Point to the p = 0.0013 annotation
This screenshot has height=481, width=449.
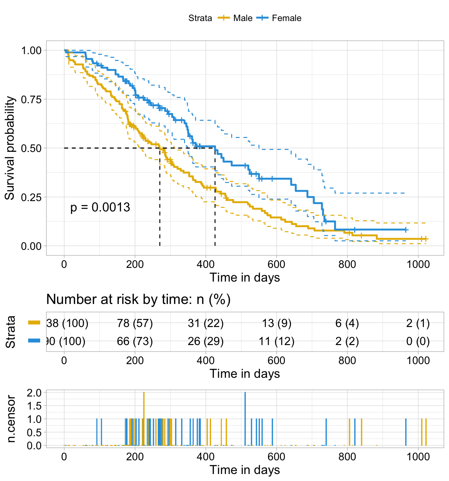pos(100,207)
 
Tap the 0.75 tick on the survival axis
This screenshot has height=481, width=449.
pos(31,99)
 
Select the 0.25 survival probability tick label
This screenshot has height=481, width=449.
pos(31,197)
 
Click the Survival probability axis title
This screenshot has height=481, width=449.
pos(10,148)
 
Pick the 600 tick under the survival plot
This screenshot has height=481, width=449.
pos(277,264)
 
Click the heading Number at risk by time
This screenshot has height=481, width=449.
pos(138,299)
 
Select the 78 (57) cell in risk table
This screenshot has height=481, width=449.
pos(135,323)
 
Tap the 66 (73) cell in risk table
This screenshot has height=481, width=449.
pos(135,341)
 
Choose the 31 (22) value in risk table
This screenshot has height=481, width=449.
pos(206,323)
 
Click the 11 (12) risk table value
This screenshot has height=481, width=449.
pos(277,341)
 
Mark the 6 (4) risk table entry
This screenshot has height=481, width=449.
pos(347,323)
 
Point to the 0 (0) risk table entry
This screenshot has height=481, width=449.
pos(418,341)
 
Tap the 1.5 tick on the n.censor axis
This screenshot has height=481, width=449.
pos(35,406)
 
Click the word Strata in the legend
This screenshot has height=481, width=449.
pos(200,18)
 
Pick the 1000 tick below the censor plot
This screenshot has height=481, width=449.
pos(418,457)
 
